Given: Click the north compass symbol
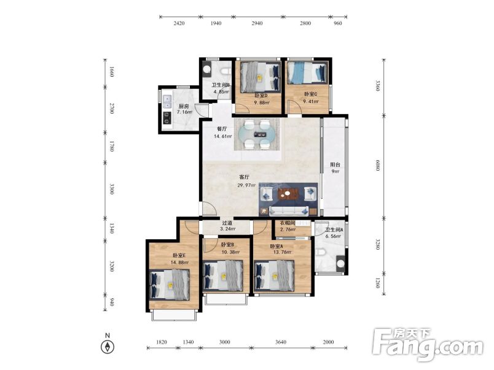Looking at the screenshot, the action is pos(108,347).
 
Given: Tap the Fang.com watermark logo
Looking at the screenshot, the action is pos(427,345).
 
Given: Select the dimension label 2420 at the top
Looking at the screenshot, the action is pos(179,23).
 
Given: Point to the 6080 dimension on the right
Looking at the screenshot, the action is pos(378,165).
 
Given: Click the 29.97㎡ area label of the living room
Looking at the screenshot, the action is pos(246,185).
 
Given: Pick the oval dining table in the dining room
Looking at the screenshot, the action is pos(256,134).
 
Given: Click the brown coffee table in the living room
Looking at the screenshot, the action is pos(288,194).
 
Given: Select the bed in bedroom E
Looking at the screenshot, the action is pos(169,285).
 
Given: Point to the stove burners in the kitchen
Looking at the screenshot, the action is pos(167,118).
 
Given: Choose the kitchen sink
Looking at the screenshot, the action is pos(167,101).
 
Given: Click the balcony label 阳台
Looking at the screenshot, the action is pos(335,164).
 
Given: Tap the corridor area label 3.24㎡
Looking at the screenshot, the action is pos(227,229).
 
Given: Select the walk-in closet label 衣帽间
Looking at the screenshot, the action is pos(288,223).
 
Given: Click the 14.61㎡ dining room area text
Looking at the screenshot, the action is pos(223,136).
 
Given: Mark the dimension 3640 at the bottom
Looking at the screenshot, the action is pos(281,342).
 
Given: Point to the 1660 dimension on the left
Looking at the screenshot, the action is pos(111,72).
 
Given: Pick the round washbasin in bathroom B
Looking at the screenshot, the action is pos(206,69).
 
